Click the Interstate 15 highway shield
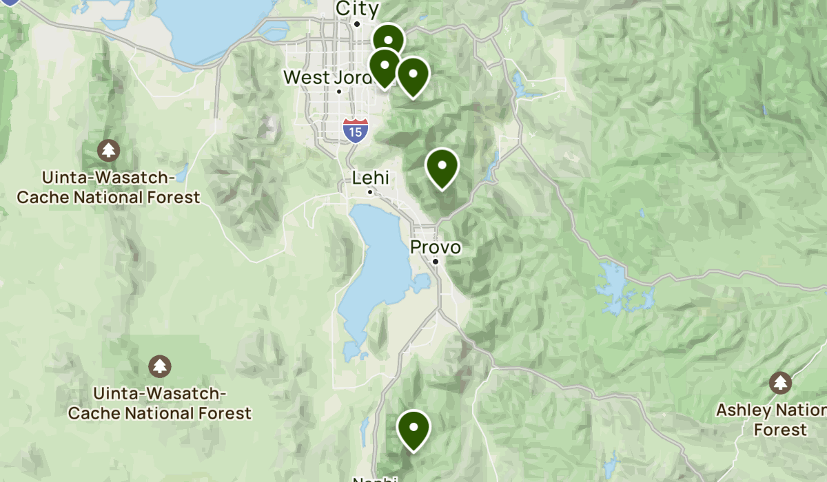tap(355, 129)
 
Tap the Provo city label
tap(436, 247)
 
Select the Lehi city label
tap(371, 178)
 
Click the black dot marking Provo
tap(436, 262)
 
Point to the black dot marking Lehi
tap(370, 192)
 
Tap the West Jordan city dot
tap(339, 92)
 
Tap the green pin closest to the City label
tap(389, 40)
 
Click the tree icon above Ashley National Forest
tap(780, 381)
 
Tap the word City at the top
tap(357, 9)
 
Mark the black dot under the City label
tap(357, 24)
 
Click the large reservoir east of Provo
tap(624, 289)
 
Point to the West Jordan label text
tap(327, 77)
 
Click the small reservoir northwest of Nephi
tap(365, 430)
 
